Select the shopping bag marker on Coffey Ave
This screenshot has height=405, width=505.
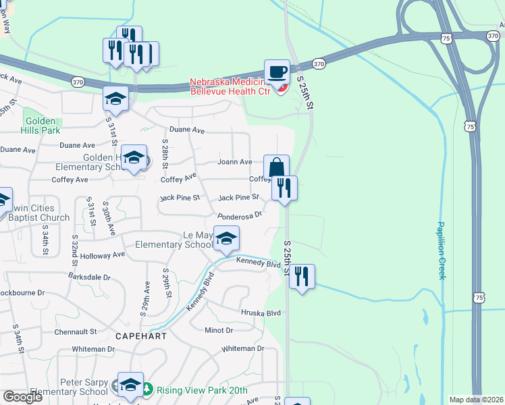276,167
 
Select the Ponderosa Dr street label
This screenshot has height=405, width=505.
239,215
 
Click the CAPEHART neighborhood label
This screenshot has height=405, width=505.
140,335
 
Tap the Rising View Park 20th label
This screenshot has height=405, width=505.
201,390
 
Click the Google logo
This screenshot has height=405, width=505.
22,396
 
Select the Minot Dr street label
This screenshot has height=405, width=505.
218,330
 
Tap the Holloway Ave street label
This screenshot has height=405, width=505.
102,255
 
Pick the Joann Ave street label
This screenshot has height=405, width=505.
234,162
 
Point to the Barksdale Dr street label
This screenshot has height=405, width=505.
88,277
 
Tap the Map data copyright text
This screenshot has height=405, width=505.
476,400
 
